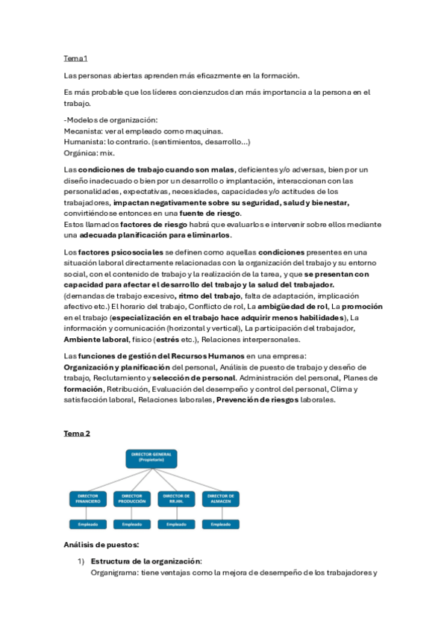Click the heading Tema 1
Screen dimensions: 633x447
point(75,58)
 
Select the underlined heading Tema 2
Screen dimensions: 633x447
point(77,434)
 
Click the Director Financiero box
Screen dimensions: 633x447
point(89,499)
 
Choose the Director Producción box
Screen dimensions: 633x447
point(132,499)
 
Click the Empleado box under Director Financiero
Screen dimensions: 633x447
point(89,524)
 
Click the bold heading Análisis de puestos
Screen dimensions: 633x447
point(101,544)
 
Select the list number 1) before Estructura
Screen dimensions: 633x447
point(81,561)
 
